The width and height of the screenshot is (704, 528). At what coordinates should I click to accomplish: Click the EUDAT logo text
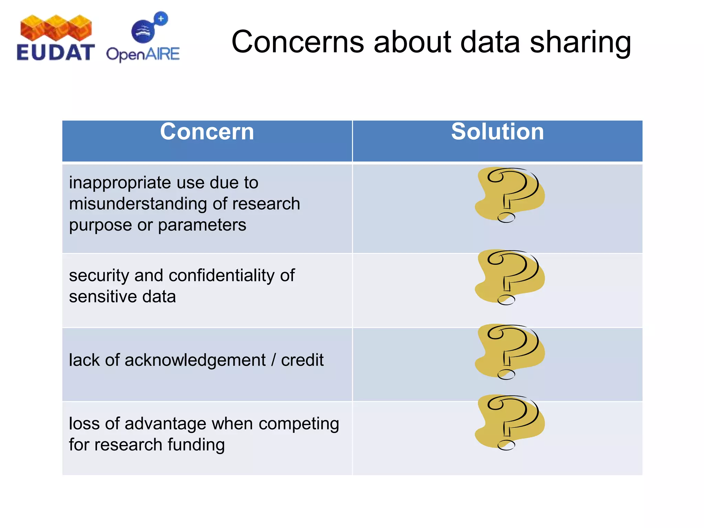55,53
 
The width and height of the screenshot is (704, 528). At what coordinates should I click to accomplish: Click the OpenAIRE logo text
143,54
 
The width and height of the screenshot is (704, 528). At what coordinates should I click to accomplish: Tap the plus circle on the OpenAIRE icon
161,19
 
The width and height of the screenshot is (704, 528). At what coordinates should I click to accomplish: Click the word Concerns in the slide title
297,42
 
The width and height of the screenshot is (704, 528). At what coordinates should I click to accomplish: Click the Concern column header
207,132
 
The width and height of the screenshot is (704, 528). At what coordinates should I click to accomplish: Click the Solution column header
497,132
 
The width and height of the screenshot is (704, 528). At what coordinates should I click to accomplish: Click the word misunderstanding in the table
137,203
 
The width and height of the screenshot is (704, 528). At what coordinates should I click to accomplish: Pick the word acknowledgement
195,360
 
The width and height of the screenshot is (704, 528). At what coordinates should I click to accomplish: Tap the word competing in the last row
299,424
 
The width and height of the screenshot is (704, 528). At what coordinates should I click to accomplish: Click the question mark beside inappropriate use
510,195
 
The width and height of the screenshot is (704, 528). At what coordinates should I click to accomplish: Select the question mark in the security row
510,277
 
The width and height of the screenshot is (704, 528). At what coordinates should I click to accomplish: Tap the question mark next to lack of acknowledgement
510,351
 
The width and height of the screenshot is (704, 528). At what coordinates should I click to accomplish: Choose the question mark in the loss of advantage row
510,422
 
